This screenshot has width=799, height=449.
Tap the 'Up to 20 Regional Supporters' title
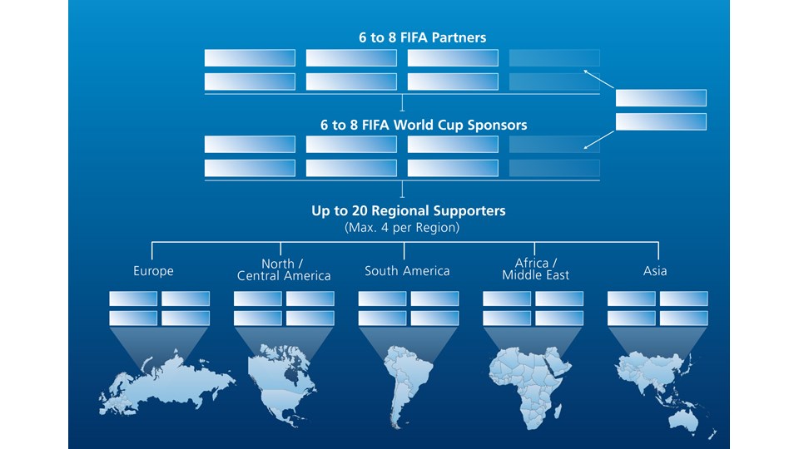[x=408, y=211]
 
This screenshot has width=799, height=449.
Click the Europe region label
[x=154, y=271]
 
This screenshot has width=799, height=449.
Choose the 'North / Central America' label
[x=284, y=269]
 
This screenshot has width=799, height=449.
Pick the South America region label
[x=408, y=271]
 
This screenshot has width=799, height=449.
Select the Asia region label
[x=655, y=271]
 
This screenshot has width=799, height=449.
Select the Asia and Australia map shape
[x=662, y=387]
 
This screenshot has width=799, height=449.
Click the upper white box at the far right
[x=661, y=98]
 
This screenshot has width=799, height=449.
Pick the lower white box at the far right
[x=661, y=122]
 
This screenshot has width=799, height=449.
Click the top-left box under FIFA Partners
[x=250, y=58]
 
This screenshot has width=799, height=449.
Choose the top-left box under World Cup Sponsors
[x=250, y=145]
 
